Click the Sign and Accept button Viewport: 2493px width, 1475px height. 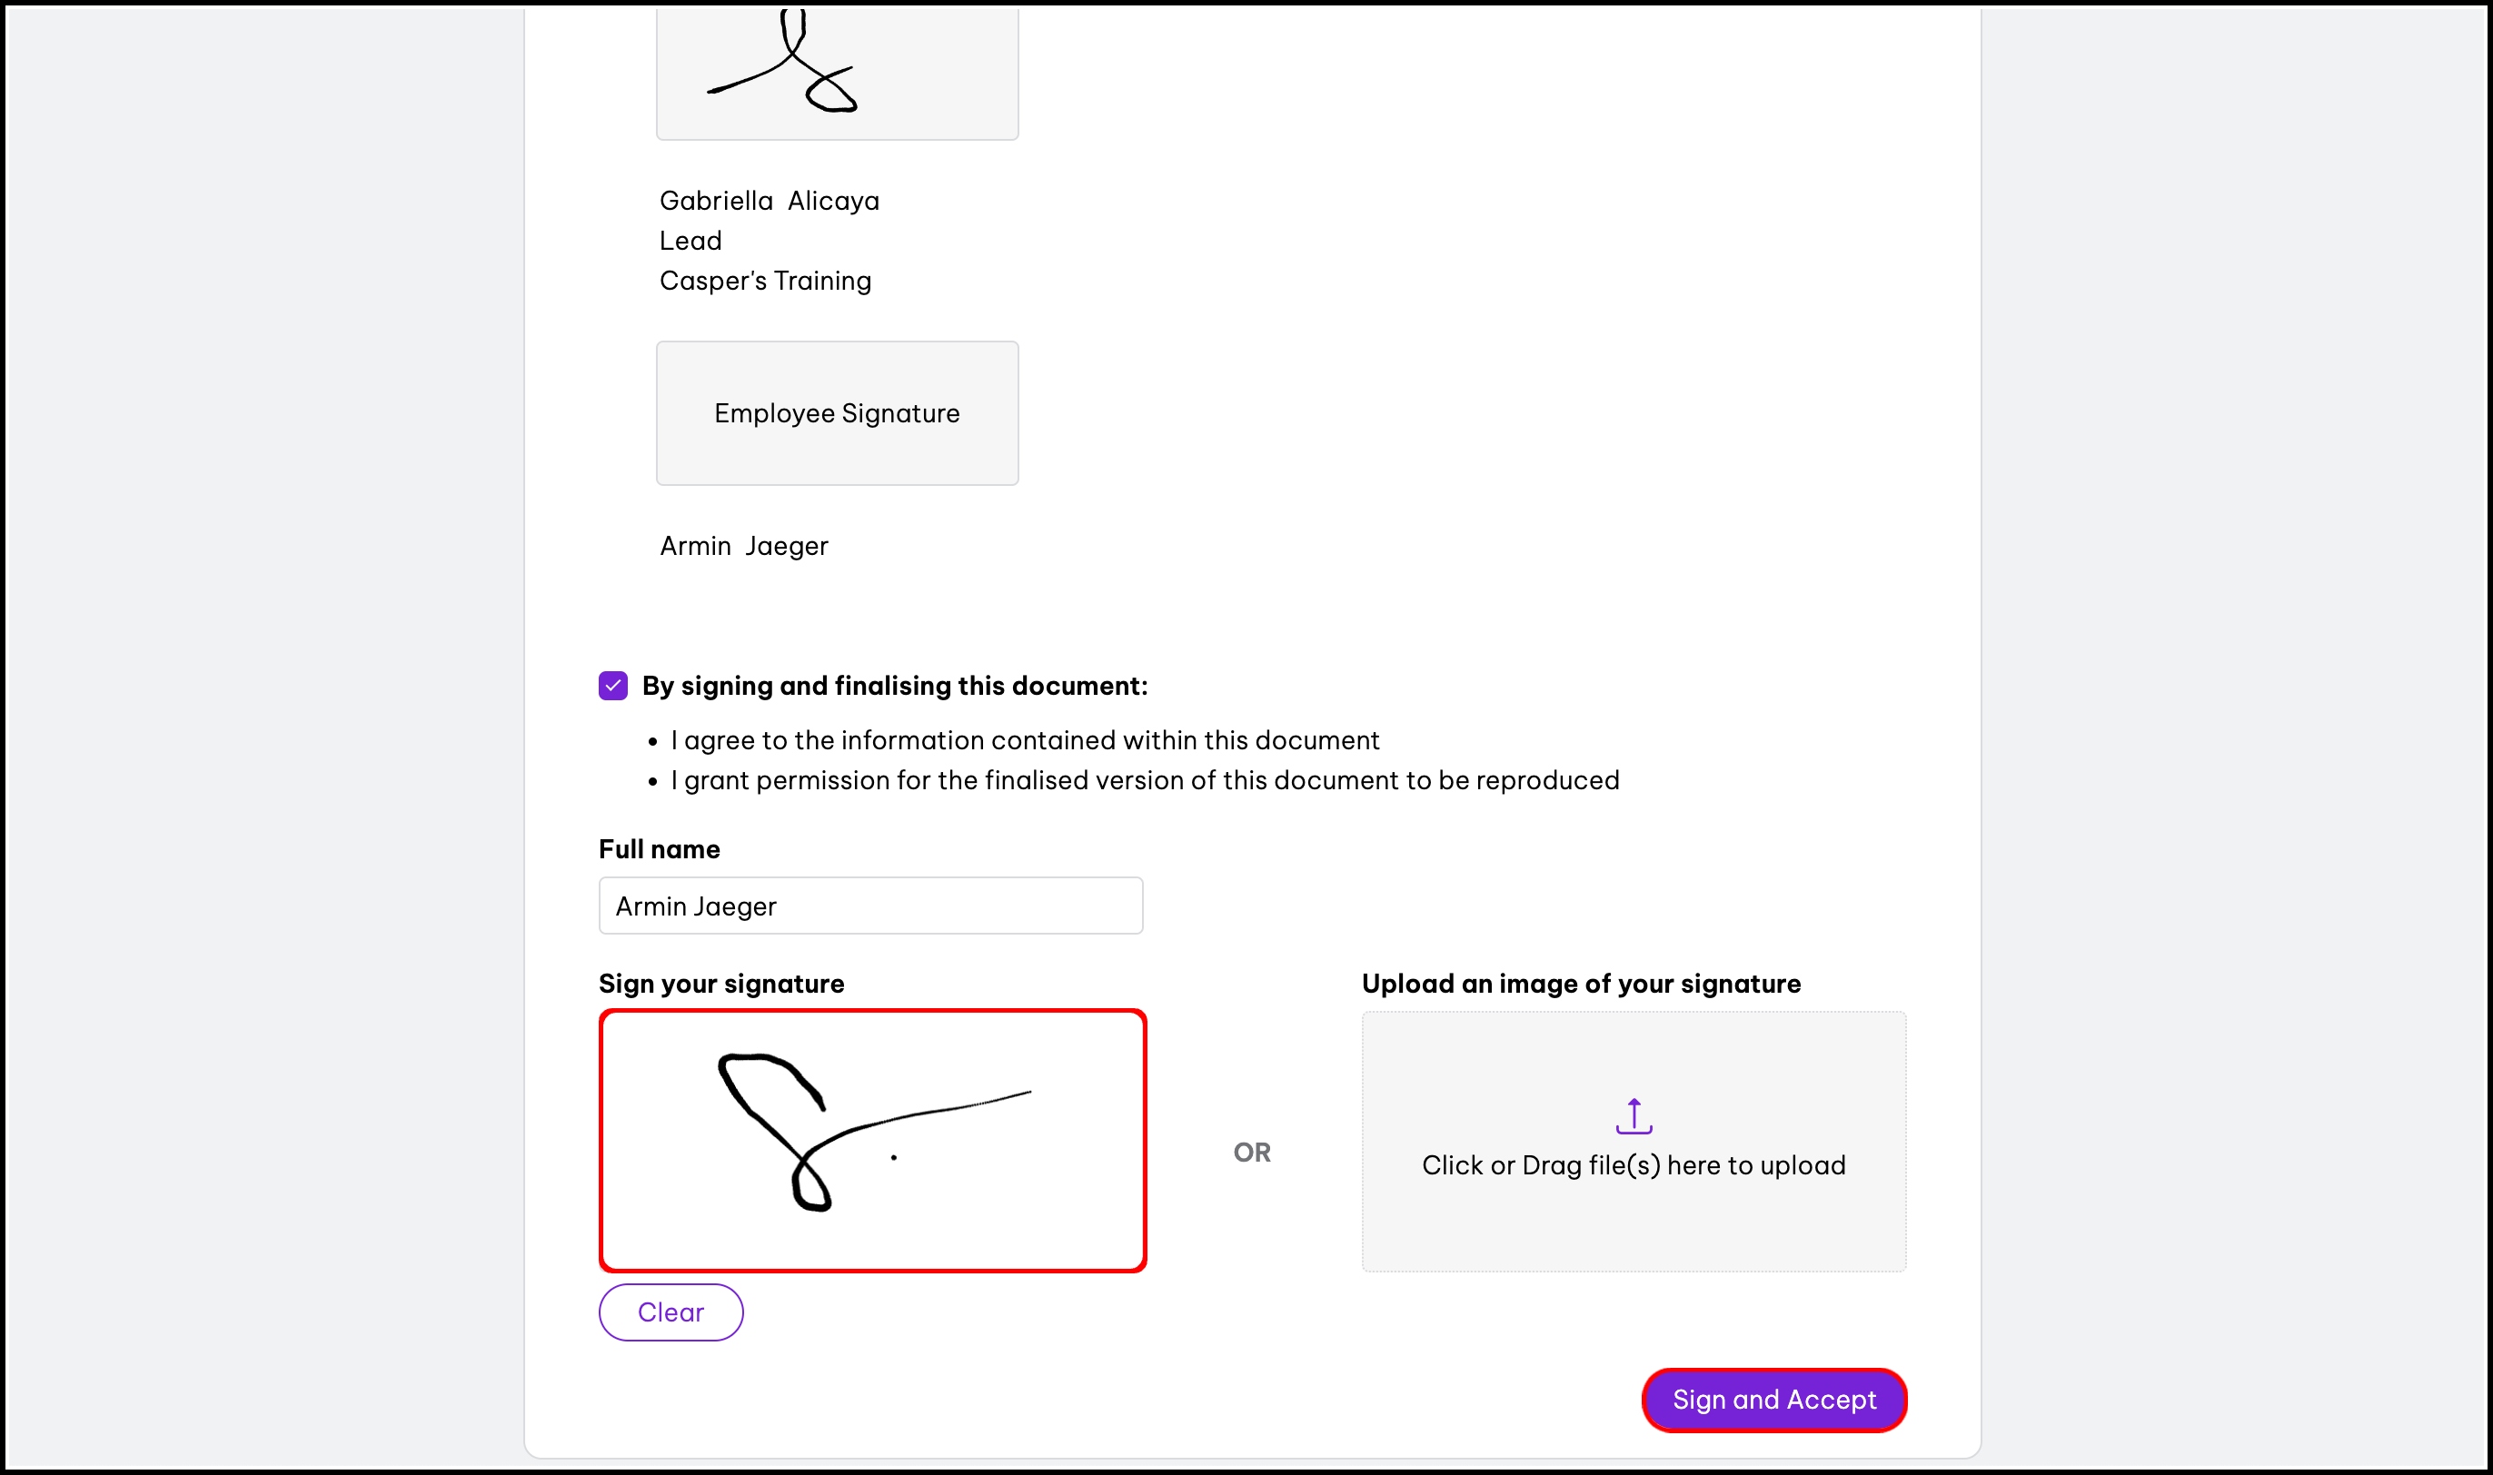pos(1773,1400)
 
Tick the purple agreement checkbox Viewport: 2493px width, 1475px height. pos(613,686)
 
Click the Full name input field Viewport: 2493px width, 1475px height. pos(870,906)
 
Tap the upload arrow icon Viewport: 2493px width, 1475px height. pos(1634,1115)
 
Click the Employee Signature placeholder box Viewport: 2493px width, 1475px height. pos(837,413)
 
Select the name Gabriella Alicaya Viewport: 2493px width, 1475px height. pos(770,201)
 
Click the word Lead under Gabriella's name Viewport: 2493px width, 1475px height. pos(690,241)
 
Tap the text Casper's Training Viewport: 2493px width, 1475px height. pos(765,281)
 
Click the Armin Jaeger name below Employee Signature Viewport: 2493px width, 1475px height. pos(743,546)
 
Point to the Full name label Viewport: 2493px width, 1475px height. pos(659,849)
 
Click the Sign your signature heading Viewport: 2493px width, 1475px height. pos(721,984)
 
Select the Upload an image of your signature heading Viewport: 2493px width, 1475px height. pos(1582,984)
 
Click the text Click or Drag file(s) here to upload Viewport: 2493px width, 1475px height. pos(1634,1165)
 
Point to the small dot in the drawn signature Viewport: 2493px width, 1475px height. pos(894,1157)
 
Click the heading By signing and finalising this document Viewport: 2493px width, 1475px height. pos(895,686)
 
